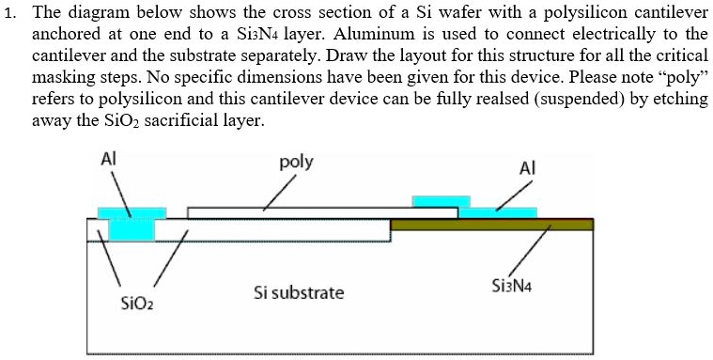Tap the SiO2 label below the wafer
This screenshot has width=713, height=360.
point(136,304)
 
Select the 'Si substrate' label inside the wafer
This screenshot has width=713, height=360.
point(299,293)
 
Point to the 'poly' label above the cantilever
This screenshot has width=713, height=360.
point(296,162)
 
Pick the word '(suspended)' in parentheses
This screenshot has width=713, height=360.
point(576,99)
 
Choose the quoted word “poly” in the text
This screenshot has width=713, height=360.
point(683,77)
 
